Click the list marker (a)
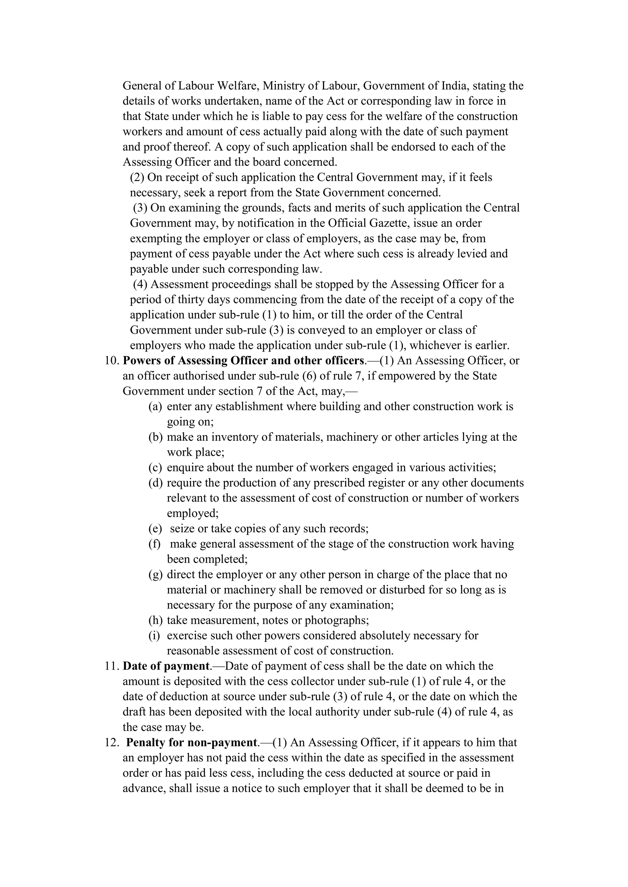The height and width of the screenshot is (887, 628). pyautogui.click(x=155, y=406)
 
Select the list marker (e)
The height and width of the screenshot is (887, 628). pyautogui.click(x=155, y=528)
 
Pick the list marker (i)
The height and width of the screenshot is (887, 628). pyautogui.click(x=154, y=636)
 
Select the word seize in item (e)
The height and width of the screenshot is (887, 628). pyautogui.click(x=182, y=528)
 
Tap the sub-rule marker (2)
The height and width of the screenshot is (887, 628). pyautogui.click(x=137, y=177)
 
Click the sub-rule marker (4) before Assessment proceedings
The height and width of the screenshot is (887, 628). pyautogui.click(x=140, y=284)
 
